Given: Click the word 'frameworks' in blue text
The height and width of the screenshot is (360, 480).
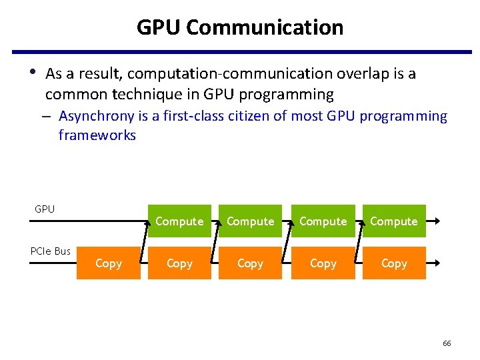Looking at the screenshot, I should (x=97, y=135).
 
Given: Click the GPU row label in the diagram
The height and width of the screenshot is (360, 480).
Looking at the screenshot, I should (x=45, y=209).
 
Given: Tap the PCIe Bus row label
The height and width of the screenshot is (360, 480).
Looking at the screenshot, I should (x=51, y=251).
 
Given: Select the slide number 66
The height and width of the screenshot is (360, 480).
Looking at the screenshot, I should (x=447, y=343).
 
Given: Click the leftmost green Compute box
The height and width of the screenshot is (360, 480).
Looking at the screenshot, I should (x=179, y=221).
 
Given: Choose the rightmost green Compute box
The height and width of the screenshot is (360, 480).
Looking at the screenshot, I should (x=393, y=221).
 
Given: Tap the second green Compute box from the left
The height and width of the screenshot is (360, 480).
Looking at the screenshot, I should (x=250, y=221).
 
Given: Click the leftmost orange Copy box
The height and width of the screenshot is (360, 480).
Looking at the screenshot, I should (x=109, y=263).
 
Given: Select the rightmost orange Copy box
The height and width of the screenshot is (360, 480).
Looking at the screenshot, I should (x=393, y=263).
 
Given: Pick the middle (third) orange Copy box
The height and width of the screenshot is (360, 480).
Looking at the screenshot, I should (x=250, y=263).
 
